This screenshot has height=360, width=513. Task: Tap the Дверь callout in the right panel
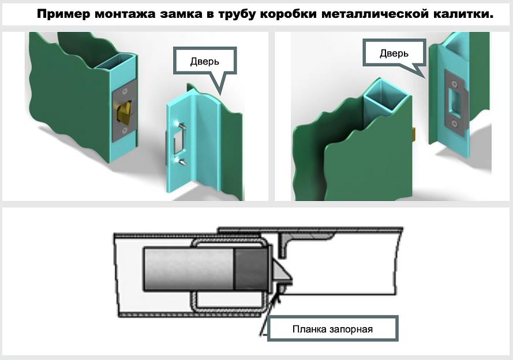coord(394,54)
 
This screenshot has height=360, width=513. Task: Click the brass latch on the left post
coord(123,112)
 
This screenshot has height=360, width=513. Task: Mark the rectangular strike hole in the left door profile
coord(177,142)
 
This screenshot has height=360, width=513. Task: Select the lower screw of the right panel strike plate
coord(455,123)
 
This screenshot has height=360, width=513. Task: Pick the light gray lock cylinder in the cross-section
coord(188,269)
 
